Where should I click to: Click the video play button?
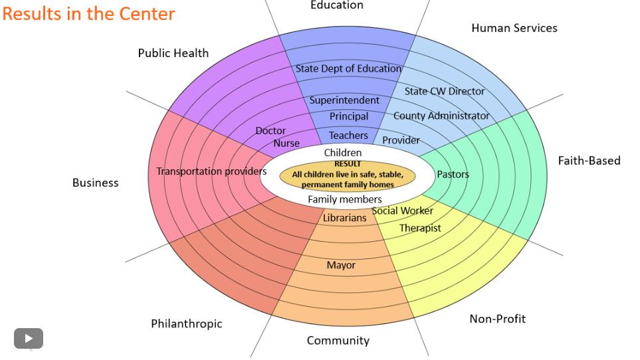29,338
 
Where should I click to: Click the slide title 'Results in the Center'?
88,13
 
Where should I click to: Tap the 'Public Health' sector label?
173,53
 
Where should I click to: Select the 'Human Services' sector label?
514,28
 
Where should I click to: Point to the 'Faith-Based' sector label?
589,161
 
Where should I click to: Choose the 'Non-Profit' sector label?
497,319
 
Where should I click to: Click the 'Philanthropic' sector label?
186,324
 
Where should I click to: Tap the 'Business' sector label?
95,183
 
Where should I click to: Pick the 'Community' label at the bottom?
338,341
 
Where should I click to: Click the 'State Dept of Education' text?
348,68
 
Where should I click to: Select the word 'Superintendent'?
344,100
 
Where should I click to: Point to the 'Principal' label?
349,116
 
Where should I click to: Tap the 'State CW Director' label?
445,91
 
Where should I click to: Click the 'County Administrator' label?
441,116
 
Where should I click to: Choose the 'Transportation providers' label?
211,171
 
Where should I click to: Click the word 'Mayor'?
341,265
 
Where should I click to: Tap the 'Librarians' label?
344,218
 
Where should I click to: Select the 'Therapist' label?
420,228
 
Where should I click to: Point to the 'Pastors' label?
453,175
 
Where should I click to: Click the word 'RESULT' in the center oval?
348,164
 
